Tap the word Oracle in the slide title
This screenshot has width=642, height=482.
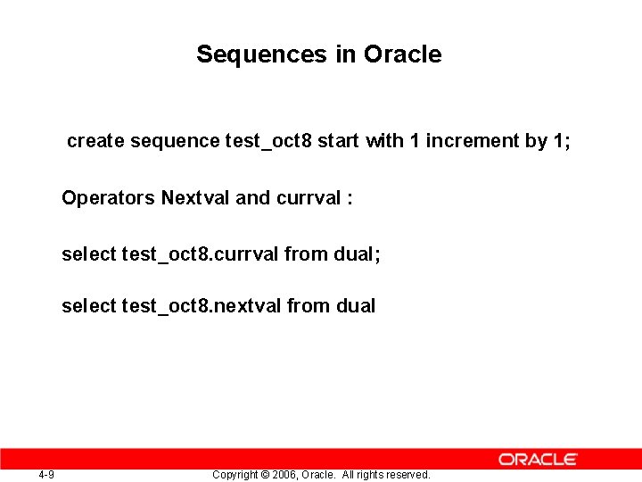coord(402,54)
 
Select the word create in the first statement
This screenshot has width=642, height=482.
coord(96,141)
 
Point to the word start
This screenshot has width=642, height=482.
coord(339,141)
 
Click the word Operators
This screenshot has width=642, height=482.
coord(108,198)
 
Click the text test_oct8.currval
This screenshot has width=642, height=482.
coord(201,254)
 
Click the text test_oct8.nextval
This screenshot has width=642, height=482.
coord(202,306)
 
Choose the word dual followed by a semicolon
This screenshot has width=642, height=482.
coord(356,254)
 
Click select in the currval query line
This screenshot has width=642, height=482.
coord(88,254)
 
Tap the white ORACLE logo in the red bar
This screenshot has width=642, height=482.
coord(538,459)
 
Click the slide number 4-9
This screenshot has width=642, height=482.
coord(46,474)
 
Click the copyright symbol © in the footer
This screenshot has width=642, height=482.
coord(262,475)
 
